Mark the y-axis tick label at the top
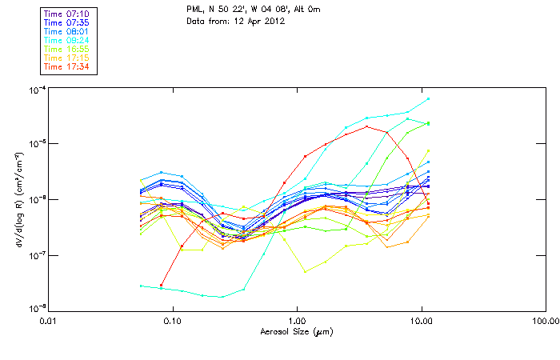(35, 88)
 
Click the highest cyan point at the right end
(429, 98)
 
